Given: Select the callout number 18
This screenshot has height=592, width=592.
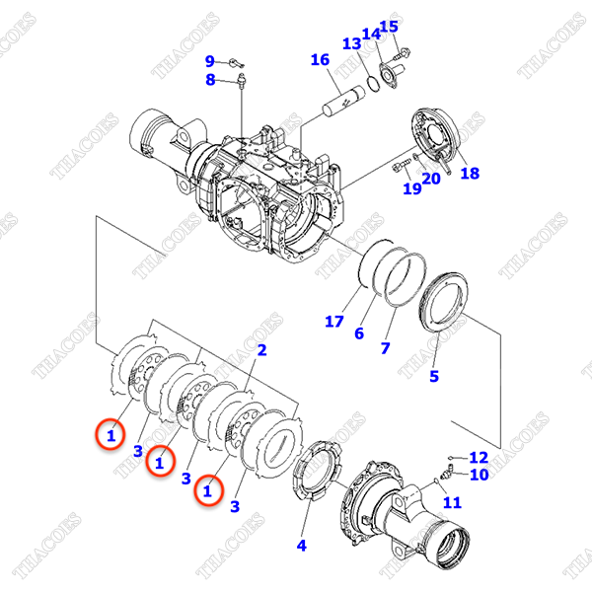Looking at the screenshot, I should [x=470, y=173].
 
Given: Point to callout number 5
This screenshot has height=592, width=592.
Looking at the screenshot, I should [x=433, y=375].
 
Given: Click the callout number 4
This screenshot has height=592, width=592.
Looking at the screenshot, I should [x=302, y=544].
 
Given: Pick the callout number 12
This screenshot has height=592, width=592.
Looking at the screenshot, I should [x=479, y=457].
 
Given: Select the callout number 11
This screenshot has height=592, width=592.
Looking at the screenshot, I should [x=453, y=502].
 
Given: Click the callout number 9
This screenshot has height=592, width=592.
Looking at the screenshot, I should [x=209, y=61].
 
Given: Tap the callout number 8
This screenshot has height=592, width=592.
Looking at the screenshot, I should [x=209, y=81].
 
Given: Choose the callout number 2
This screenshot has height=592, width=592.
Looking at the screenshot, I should [x=261, y=350].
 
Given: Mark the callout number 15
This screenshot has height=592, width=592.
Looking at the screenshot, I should [x=389, y=27].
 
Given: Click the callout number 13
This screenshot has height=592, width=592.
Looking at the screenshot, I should [x=351, y=43].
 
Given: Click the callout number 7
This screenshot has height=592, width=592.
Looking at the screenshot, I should [x=385, y=348].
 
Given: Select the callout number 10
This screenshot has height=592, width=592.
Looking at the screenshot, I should [x=479, y=475].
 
